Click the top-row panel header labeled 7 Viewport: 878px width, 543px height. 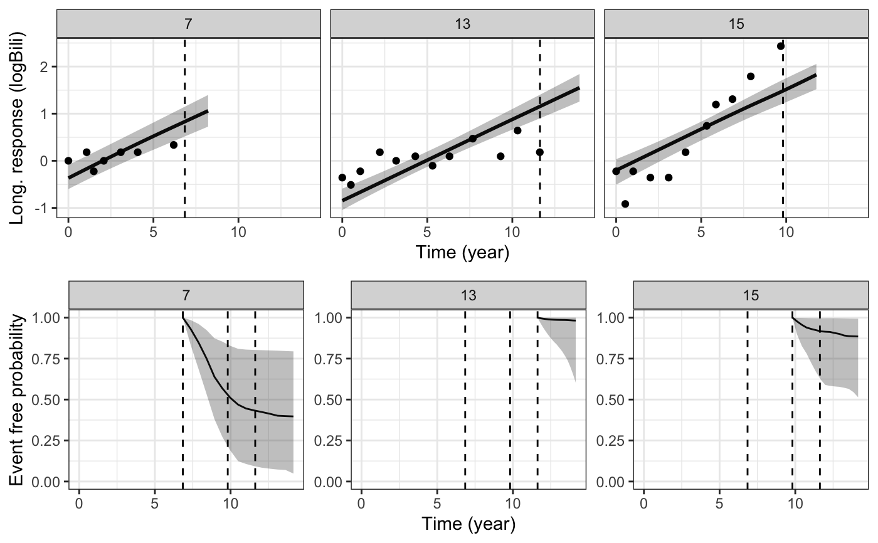click(x=188, y=24)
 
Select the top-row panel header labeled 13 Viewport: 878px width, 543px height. click(x=462, y=24)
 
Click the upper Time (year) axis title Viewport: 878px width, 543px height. click(x=462, y=253)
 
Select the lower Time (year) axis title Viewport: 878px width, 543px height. click(x=468, y=524)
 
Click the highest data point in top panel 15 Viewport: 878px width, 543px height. click(x=780, y=46)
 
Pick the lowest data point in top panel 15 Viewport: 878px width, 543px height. click(x=625, y=204)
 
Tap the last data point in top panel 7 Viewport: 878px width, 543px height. click(x=174, y=145)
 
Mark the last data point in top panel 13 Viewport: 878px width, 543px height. click(x=540, y=152)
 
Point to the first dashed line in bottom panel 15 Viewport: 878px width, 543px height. click(x=748, y=401)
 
